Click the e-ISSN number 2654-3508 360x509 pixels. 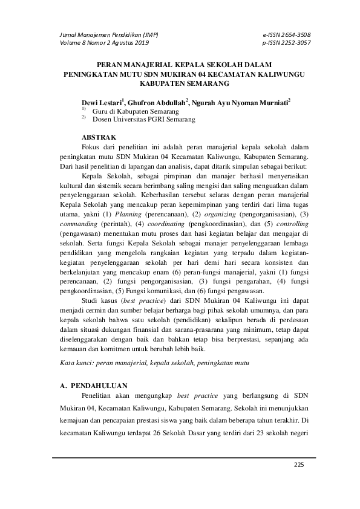point(295,34)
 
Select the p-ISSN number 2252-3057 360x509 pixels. point(295,43)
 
